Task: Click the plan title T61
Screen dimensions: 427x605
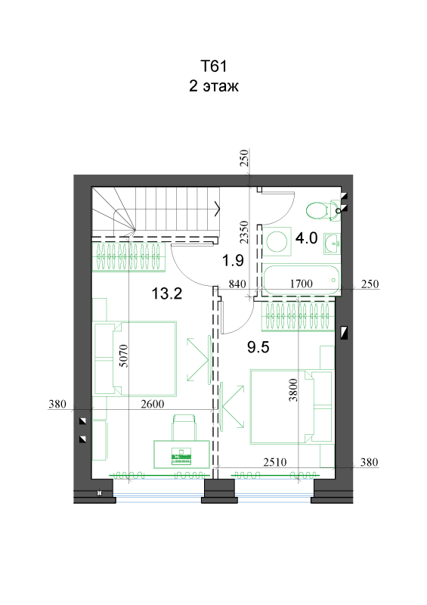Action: coord(213,66)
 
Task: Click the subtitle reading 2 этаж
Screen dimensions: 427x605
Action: coord(213,85)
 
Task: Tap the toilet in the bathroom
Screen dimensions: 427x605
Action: coord(323,211)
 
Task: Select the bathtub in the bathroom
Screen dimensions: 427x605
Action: coord(302,280)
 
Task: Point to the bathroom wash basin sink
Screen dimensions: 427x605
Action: coord(332,244)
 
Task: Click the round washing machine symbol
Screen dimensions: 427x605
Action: coord(277,241)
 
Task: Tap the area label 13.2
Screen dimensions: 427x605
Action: coord(166,294)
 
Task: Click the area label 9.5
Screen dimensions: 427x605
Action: coord(258,347)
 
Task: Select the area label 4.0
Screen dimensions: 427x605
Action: coord(306,238)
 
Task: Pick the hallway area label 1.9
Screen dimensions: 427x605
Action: coord(233,261)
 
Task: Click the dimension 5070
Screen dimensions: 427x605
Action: coord(124,355)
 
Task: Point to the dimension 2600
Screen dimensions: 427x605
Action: coord(153,404)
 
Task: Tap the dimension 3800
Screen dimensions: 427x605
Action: coord(293,390)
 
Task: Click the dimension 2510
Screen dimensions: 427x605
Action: coord(275,462)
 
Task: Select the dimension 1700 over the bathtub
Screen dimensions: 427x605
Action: coord(301,284)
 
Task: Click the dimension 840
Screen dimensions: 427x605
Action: coord(237,284)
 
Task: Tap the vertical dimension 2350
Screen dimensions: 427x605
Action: coord(244,232)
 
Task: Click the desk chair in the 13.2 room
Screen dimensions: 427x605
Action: coord(184,427)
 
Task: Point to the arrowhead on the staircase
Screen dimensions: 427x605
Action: coord(218,209)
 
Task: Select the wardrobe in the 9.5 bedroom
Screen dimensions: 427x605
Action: coord(298,317)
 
